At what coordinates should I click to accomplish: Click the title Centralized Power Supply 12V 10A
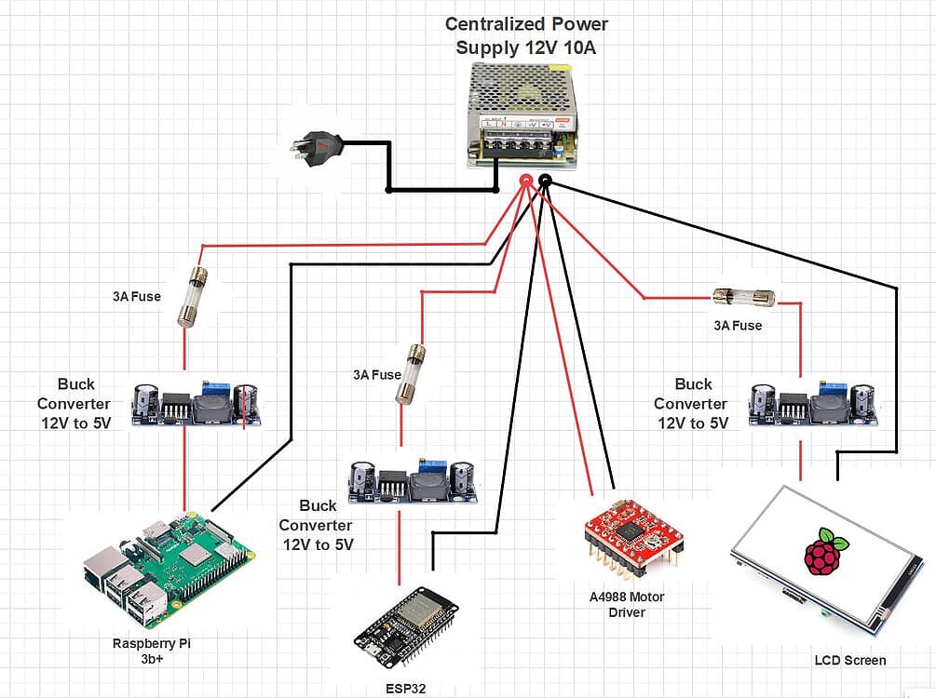(526, 34)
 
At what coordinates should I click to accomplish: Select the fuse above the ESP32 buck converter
(411, 373)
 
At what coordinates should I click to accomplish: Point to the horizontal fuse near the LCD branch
(743, 298)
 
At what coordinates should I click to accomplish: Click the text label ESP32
(405, 690)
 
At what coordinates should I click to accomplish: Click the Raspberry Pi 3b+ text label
(151, 651)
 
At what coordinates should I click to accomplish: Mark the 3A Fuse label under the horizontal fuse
(737, 326)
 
